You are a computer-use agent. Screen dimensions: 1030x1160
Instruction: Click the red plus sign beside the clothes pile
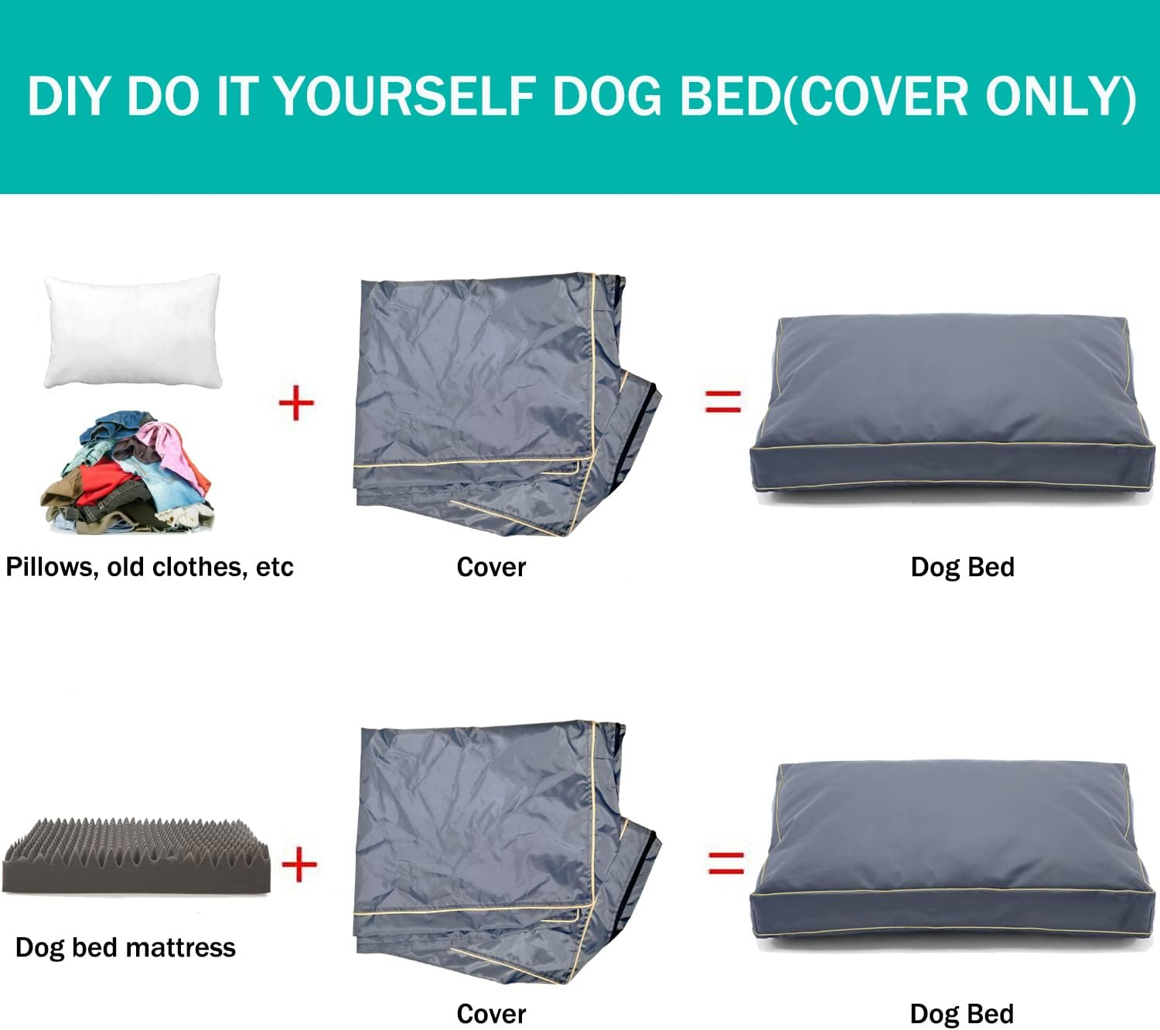click(x=296, y=403)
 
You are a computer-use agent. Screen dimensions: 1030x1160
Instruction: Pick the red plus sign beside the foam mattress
click(x=299, y=864)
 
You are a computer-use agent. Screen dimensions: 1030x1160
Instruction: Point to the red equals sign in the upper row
click(x=723, y=400)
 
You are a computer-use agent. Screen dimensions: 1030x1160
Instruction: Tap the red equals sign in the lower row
click(x=726, y=862)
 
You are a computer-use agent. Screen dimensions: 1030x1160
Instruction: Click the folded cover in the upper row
click(x=495, y=402)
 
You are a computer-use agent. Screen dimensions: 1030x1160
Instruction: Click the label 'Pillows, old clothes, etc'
click(x=149, y=567)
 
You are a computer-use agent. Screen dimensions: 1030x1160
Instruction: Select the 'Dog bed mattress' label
click(x=125, y=947)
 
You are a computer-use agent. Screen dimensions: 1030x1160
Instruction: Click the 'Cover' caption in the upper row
click(x=491, y=567)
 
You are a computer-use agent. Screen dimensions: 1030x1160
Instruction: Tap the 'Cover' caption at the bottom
click(x=491, y=1014)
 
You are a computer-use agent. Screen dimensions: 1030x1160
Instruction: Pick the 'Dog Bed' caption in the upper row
click(x=962, y=567)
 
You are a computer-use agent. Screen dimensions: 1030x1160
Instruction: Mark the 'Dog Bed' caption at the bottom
click(x=962, y=1014)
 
